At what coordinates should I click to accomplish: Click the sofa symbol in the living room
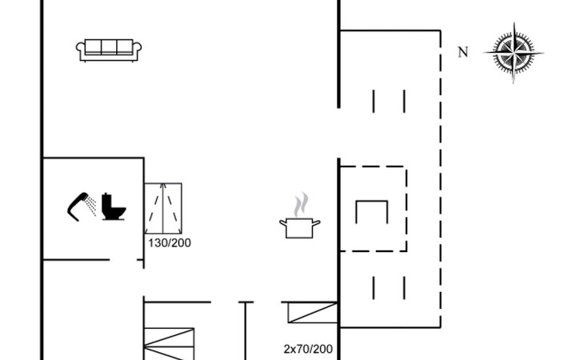[109, 50]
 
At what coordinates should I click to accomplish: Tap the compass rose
[514, 53]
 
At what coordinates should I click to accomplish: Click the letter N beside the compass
[462, 53]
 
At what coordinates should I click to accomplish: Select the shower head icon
[78, 205]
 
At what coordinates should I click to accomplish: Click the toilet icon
[113, 207]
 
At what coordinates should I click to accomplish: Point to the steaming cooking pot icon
[300, 226]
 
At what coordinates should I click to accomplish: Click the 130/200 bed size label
[170, 243]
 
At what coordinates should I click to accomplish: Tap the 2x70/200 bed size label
[308, 349]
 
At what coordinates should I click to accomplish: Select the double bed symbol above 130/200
[163, 208]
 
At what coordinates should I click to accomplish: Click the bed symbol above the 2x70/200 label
[312, 312]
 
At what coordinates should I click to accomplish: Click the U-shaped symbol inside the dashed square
[371, 212]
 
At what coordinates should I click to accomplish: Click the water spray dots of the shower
[91, 204]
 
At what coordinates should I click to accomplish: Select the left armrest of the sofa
[81, 50]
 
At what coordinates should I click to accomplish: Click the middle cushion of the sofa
[109, 47]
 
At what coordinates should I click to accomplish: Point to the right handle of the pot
[318, 222]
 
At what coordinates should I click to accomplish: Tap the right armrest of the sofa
[137, 50]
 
